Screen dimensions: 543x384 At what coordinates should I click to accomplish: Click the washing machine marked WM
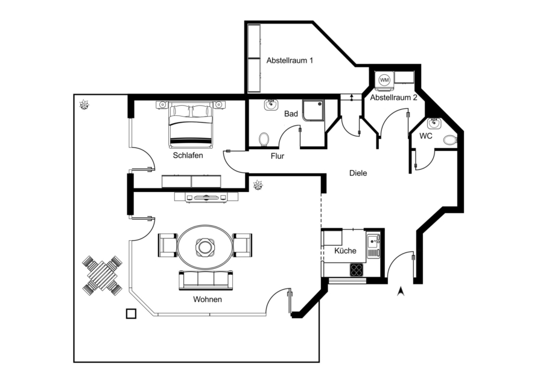pos(384,80)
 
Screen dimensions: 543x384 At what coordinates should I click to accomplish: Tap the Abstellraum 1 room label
pos(290,60)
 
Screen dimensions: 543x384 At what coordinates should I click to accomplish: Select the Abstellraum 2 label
pos(393,98)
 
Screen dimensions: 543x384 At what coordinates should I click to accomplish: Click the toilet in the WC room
pos(450,140)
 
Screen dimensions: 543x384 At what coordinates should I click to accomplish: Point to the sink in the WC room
pos(434,124)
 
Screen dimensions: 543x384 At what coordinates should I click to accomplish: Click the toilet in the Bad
pos(264,139)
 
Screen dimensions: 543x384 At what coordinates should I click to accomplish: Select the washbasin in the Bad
pos(271,104)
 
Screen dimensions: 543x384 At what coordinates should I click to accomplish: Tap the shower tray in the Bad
pos(314,110)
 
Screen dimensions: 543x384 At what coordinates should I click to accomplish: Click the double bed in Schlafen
pos(191,124)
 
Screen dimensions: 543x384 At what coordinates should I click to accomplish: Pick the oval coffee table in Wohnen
pos(206,247)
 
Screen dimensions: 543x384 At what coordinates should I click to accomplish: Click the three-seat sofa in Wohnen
pos(206,280)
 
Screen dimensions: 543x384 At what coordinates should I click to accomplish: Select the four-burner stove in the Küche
pos(357,270)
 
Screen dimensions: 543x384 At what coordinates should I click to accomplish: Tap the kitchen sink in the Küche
pos(373,245)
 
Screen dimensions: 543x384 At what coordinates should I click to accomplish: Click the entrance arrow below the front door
pos(401,292)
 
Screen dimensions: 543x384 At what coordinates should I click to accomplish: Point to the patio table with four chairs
pos(102,275)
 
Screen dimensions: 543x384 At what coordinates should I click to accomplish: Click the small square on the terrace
pos(131,313)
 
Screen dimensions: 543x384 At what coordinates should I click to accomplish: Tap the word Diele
pos(358,173)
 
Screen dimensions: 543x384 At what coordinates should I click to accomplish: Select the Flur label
pos(278,156)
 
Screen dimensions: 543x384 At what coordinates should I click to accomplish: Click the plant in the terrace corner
pos(84,104)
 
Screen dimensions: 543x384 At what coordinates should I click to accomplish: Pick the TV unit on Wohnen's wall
pos(206,197)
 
